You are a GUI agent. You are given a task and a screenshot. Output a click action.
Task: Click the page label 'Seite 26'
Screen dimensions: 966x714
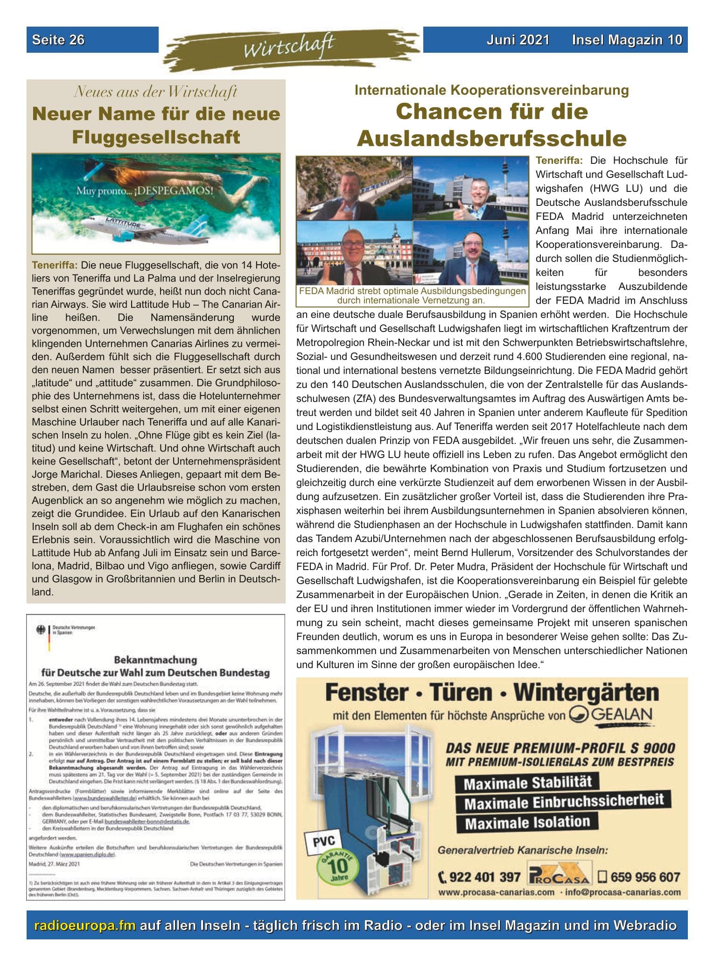(x=58, y=40)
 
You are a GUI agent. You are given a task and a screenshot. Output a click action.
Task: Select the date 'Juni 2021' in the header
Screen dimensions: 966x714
(x=518, y=40)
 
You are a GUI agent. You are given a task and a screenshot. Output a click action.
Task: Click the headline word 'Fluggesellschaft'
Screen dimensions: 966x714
(x=156, y=137)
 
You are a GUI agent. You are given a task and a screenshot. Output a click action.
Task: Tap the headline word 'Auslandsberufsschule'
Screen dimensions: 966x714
(x=491, y=138)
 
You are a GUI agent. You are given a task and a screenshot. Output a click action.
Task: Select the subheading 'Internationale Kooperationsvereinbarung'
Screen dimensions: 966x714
(x=491, y=90)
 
